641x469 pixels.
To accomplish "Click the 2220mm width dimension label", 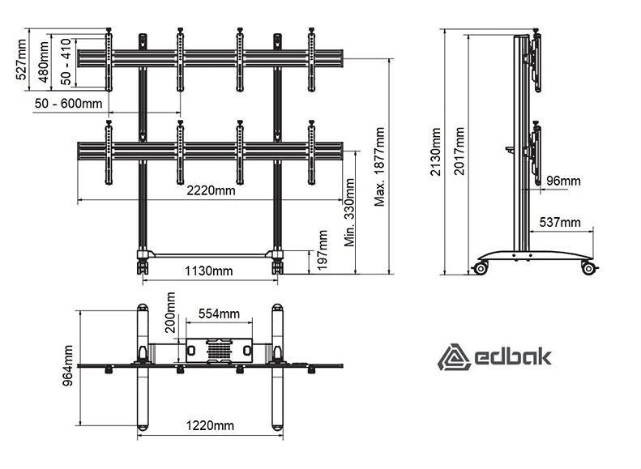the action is [211, 190].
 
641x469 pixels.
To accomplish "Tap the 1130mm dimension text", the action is [208, 271].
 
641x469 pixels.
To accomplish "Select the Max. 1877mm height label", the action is [380, 167].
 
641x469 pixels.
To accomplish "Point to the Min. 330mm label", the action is [349, 212].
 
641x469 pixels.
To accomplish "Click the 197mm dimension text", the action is [323, 249].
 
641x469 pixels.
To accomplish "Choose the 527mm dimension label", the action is [21, 59].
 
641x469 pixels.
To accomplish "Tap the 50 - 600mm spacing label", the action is [68, 104].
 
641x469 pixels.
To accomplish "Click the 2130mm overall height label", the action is [436, 151].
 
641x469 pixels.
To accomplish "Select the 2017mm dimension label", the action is [459, 151].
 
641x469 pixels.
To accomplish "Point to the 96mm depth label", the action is [563, 181].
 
